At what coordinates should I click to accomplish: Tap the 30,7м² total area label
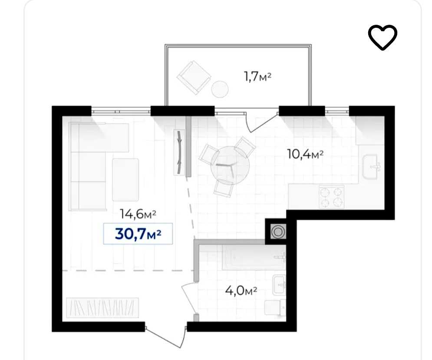pos(138,234)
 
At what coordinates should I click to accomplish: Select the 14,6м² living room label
pos(138,214)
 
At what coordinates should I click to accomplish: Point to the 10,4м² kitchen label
pos(305,154)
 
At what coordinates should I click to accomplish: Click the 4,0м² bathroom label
pos(241,290)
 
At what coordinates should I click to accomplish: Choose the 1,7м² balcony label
pos(257,76)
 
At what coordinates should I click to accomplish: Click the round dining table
pos(230,165)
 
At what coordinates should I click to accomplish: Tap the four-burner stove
pos(331,197)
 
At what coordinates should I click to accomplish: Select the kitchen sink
pos(372,166)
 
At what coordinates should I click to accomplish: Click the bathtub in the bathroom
pos(254,258)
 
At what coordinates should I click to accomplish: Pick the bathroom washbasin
pos(279,285)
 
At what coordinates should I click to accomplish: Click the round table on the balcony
pos(220,89)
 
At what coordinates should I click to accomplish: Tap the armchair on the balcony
pos(194,77)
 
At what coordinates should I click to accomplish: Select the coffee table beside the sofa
pos(125,179)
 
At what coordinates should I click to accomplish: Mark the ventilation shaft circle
pos(278,231)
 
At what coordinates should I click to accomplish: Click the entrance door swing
pos(165,337)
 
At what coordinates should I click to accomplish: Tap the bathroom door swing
pos(189,298)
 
